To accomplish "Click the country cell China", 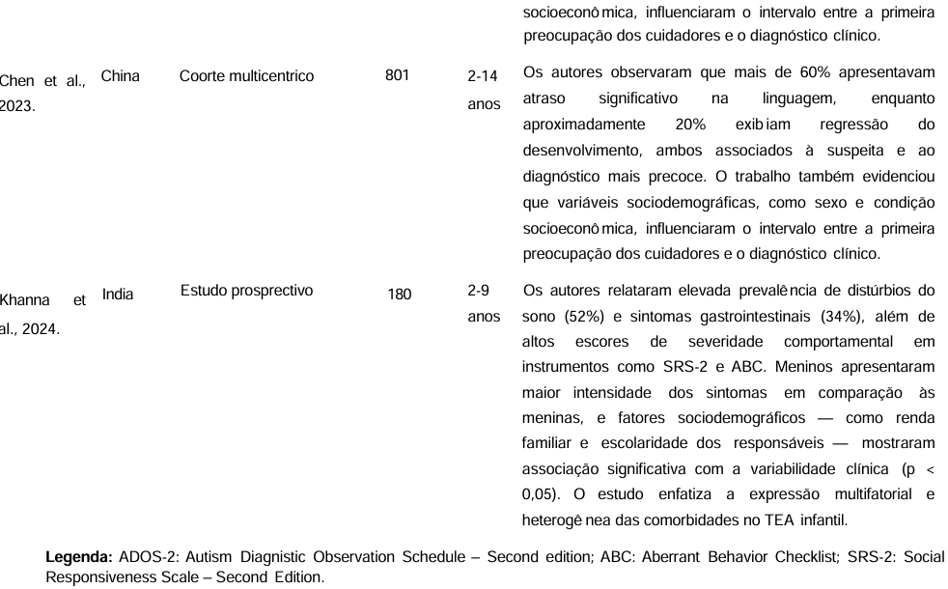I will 120,76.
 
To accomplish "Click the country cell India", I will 118,294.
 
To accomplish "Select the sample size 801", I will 397,76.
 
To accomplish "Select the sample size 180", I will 399,294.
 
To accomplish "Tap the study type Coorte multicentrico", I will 246,76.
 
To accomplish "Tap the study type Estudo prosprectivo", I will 246,291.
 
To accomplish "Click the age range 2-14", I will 483,74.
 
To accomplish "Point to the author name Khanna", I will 23,300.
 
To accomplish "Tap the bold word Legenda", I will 80,557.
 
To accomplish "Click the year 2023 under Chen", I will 16,106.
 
